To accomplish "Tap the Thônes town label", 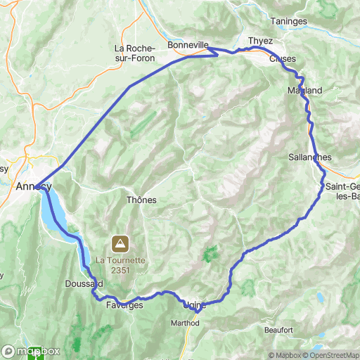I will coord(141,200).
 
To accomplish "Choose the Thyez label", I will coord(260,41).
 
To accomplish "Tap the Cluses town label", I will coord(283,58).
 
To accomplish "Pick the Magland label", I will coord(304,91).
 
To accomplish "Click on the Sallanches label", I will coord(309,157).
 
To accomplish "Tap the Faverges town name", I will coord(124,305).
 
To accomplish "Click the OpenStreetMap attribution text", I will coord(324,355).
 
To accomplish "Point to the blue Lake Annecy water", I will coord(53,211).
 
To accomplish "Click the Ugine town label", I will coord(194,305).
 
